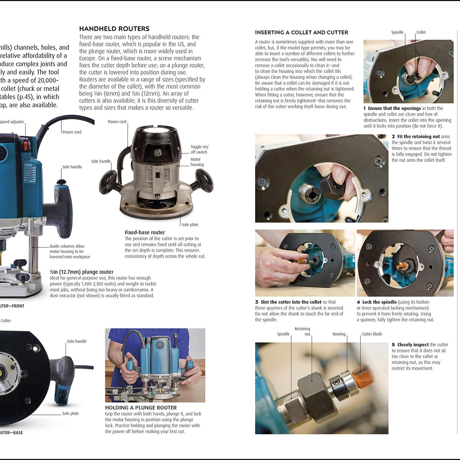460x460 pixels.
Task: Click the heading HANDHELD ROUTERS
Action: (x=114, y=29)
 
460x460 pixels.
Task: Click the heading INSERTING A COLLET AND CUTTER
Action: (x=301, y=33)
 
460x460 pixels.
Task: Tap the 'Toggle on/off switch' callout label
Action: (x=199, y=149)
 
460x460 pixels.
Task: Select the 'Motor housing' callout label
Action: (x=197, y=162)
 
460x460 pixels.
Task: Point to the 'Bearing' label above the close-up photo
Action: (x=339, y=334)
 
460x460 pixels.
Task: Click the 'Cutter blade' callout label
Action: (x=372, y=334)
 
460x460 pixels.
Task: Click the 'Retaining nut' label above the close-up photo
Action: (x=302, y=331)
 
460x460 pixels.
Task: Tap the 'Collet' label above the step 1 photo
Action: (x=421, y=32)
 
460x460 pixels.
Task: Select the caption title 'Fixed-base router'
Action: (x=145, y=232)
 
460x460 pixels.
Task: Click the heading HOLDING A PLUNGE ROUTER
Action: (x=141, y=408)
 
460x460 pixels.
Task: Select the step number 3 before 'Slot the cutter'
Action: (x=257, y=302)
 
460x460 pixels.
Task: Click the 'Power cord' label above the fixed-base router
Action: (x=117, y=122)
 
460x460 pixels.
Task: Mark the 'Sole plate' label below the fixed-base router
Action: (x=190, y=224)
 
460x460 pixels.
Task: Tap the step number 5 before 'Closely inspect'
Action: (x=393, y=345)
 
